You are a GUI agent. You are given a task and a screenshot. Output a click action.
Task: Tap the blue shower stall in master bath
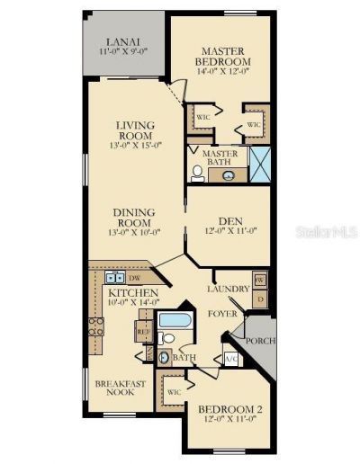(x=258, y=167)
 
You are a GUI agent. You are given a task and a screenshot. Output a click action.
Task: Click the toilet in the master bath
(x=198, y=173)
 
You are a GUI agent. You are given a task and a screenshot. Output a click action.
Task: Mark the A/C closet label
(x=228, y=358)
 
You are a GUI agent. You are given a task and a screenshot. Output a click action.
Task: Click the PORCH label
(x=260, y=341)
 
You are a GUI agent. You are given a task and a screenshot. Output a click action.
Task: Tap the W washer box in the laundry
(x=259, y=281)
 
